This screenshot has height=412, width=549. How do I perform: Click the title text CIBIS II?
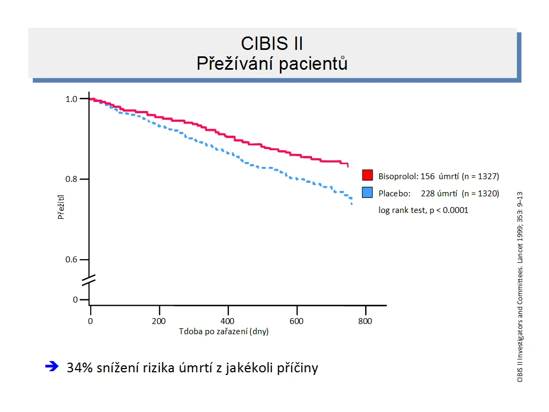272,43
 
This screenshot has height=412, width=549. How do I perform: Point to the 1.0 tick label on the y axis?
71,99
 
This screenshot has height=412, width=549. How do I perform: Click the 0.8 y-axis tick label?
71,179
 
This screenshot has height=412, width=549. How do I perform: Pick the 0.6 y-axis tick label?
71,260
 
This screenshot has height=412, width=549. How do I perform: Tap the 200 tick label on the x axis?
159,321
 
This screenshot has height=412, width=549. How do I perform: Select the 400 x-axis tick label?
227,321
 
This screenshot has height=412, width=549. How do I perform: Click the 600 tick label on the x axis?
296,321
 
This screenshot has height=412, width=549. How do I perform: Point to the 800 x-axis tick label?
365,321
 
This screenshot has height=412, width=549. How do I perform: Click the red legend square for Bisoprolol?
367,175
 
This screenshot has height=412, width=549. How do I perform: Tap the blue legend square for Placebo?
367,193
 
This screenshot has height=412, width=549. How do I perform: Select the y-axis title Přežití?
61,207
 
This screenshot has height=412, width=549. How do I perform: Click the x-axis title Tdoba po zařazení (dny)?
224,332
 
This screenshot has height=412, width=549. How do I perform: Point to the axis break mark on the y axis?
88,280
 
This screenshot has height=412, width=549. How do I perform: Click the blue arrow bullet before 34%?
52,366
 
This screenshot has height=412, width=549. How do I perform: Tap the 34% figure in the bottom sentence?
79,368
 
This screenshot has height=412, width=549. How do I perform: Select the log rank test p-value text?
424,210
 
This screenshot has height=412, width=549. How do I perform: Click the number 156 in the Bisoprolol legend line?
427,176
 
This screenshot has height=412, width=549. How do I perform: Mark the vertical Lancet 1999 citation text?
520,287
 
